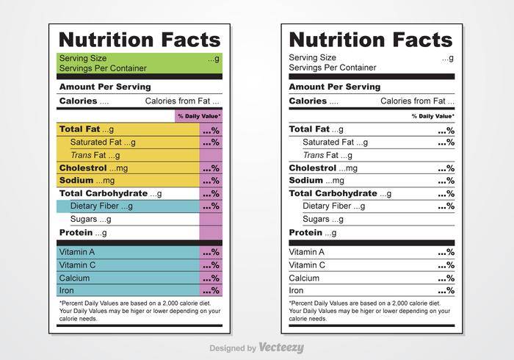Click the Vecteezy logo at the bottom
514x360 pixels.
pyautogui.click(x=281, y=348)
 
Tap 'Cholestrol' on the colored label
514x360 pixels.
pyautogui.click(x=83, y=168)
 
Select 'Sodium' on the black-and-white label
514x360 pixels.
pyautogui.click(x=306, y=180)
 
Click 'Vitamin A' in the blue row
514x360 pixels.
pyautogui.click(x=76, y=252)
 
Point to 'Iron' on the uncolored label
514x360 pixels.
pyautogui.click(x=296, y=290)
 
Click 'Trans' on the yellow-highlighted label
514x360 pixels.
pyautogui.click(x=82, y=155)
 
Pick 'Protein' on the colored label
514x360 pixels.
pyautogui.click(x=76, y=232)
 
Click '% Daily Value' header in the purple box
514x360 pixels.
pyautogui.click(x=199, y=116)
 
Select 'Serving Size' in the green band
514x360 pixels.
pyautogui.click(x=83, y=58)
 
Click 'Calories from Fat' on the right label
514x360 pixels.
pyautogui.click(x=413, y=101)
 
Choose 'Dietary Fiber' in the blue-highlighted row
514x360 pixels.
pyautogui.click(x=95, y=206)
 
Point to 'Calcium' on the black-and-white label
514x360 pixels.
pyautogui.click(x=304, y=278)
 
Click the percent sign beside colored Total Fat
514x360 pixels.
pyautogui.click(x=215, y=131)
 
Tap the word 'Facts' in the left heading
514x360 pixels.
pyautogui.click(x=191, y=40)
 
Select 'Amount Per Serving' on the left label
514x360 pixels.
pyautogui.click(x=105, y=87)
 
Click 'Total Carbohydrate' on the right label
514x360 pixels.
pyautogui.click(x=333, y=193)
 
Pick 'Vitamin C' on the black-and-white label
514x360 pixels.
pyautogui.click(x=307, y=265)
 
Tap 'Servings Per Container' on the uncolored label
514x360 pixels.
pyautogui.click(x=333, y=68)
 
